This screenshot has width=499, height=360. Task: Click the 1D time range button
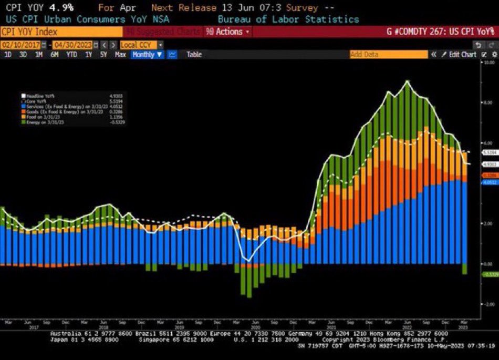[8, 55]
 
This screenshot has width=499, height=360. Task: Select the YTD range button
[71, 55]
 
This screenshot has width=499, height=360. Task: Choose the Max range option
[120, 55]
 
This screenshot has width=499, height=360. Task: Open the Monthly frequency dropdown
[147, 55]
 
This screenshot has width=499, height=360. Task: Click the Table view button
[194, 55]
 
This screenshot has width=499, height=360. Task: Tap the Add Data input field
[389, 55]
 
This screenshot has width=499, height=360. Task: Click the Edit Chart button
[460, 55]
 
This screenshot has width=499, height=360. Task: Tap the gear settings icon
[494, 55]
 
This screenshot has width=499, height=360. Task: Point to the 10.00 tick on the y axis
[487, 62]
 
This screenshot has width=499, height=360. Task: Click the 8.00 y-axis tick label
[486, 102]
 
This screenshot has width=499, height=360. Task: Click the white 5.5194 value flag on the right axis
[488, 151]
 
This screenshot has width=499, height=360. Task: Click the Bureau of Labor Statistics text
[288, 19]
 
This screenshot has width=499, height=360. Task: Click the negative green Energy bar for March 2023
[465, 269]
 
